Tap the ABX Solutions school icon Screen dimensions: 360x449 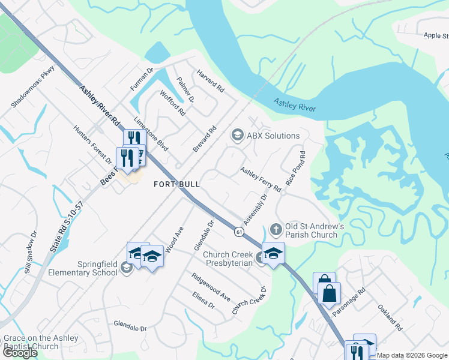[x=237, y=136]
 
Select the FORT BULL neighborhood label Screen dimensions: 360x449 [x=176, y=184]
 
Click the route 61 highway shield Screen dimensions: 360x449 [x=240, y=231]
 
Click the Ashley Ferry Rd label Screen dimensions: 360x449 [x=261, y=179]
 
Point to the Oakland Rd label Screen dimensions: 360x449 [x=390, y=317]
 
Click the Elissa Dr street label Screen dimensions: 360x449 [x=203, y=300]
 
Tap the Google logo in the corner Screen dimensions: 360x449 [x=20, y=353]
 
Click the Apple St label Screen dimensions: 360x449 [x=435, y=36]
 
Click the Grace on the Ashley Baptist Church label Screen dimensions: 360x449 [x=40, y=342]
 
